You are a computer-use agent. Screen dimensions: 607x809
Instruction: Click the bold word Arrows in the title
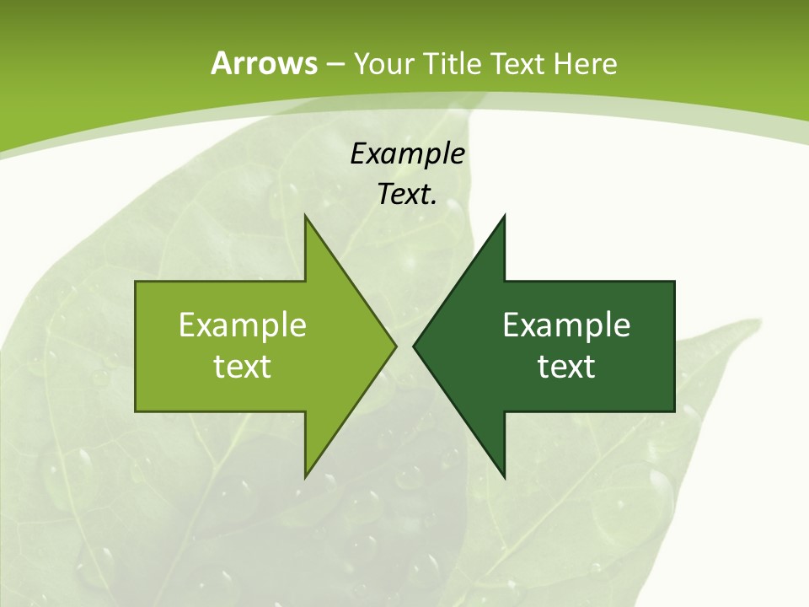click(x=263, y=63)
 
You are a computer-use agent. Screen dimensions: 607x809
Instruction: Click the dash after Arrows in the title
click(x=335, y=65)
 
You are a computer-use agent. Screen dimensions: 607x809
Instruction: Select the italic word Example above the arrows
click(x=408, y=154)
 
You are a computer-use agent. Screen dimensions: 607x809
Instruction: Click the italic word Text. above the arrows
click(x=408, y=195)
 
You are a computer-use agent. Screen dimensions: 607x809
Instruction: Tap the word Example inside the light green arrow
click(x=243, y=325)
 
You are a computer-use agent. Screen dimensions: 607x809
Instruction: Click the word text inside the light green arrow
click(x=243, y=367)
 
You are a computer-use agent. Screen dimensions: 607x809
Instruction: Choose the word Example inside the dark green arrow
click(x=566, y=325)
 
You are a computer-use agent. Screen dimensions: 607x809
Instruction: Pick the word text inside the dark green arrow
click(x=566, y=367)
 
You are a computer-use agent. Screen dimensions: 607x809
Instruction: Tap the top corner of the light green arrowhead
click(x=305, y=216)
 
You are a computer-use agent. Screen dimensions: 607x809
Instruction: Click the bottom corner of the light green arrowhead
click(x=305, y=476)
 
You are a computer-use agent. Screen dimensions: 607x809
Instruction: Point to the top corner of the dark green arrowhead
click(x=504, y=216)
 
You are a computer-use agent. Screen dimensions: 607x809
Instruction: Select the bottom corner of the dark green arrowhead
click(x=504, y=476)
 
